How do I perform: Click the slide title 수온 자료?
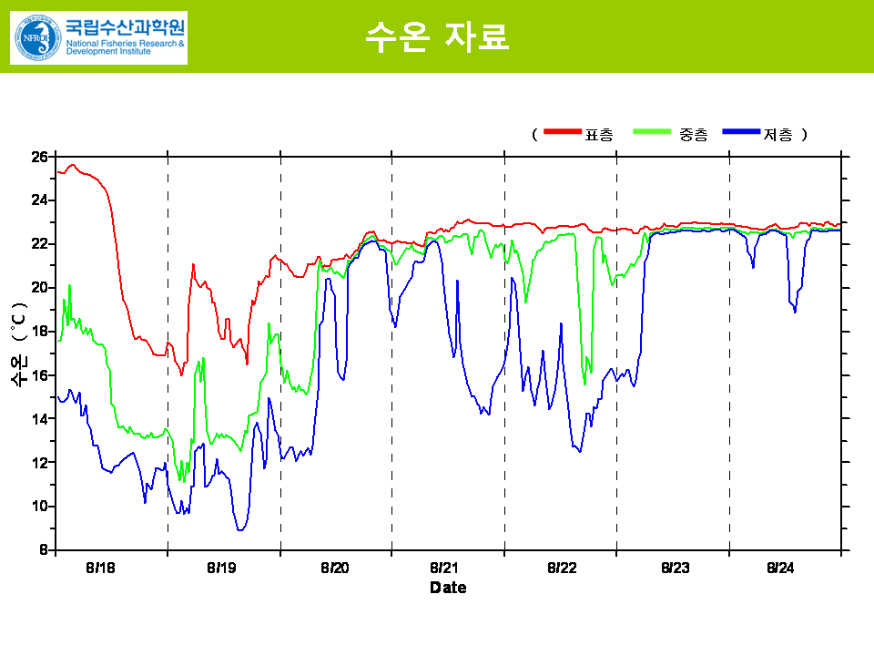436,36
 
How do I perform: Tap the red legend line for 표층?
562,133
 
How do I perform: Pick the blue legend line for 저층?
741,133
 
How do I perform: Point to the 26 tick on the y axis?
39,157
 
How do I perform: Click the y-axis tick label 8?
43,550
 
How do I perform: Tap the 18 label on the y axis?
39,332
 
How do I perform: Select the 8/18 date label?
101,569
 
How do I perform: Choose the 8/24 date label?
780,569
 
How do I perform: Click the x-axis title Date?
448,589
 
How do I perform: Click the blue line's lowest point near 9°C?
239,529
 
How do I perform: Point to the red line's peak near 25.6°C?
73,165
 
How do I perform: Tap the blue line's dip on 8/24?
795,312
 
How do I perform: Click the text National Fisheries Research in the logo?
125,43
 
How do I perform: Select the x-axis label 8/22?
562,569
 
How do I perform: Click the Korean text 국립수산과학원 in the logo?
125,25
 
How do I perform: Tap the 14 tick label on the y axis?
39,419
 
